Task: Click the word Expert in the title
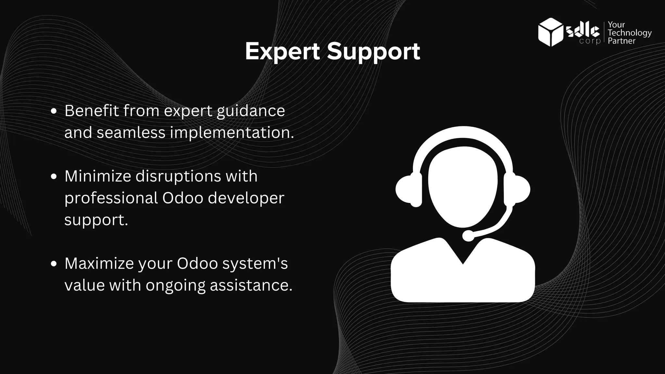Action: [x=282, y=51]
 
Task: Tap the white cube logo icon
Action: [x=550, y=32]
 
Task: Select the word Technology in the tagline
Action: [x=630, y=33]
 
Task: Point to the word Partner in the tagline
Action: [x=621, y=41]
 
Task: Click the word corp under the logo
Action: [x=590, y=42]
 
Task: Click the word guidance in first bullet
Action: [x=251, y=111]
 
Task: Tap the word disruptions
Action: [x=178, y=176]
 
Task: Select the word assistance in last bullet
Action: [x=251, y=285]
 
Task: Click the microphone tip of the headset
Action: [x=468, y=235]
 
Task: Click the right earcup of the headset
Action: [x=518, y=189]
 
